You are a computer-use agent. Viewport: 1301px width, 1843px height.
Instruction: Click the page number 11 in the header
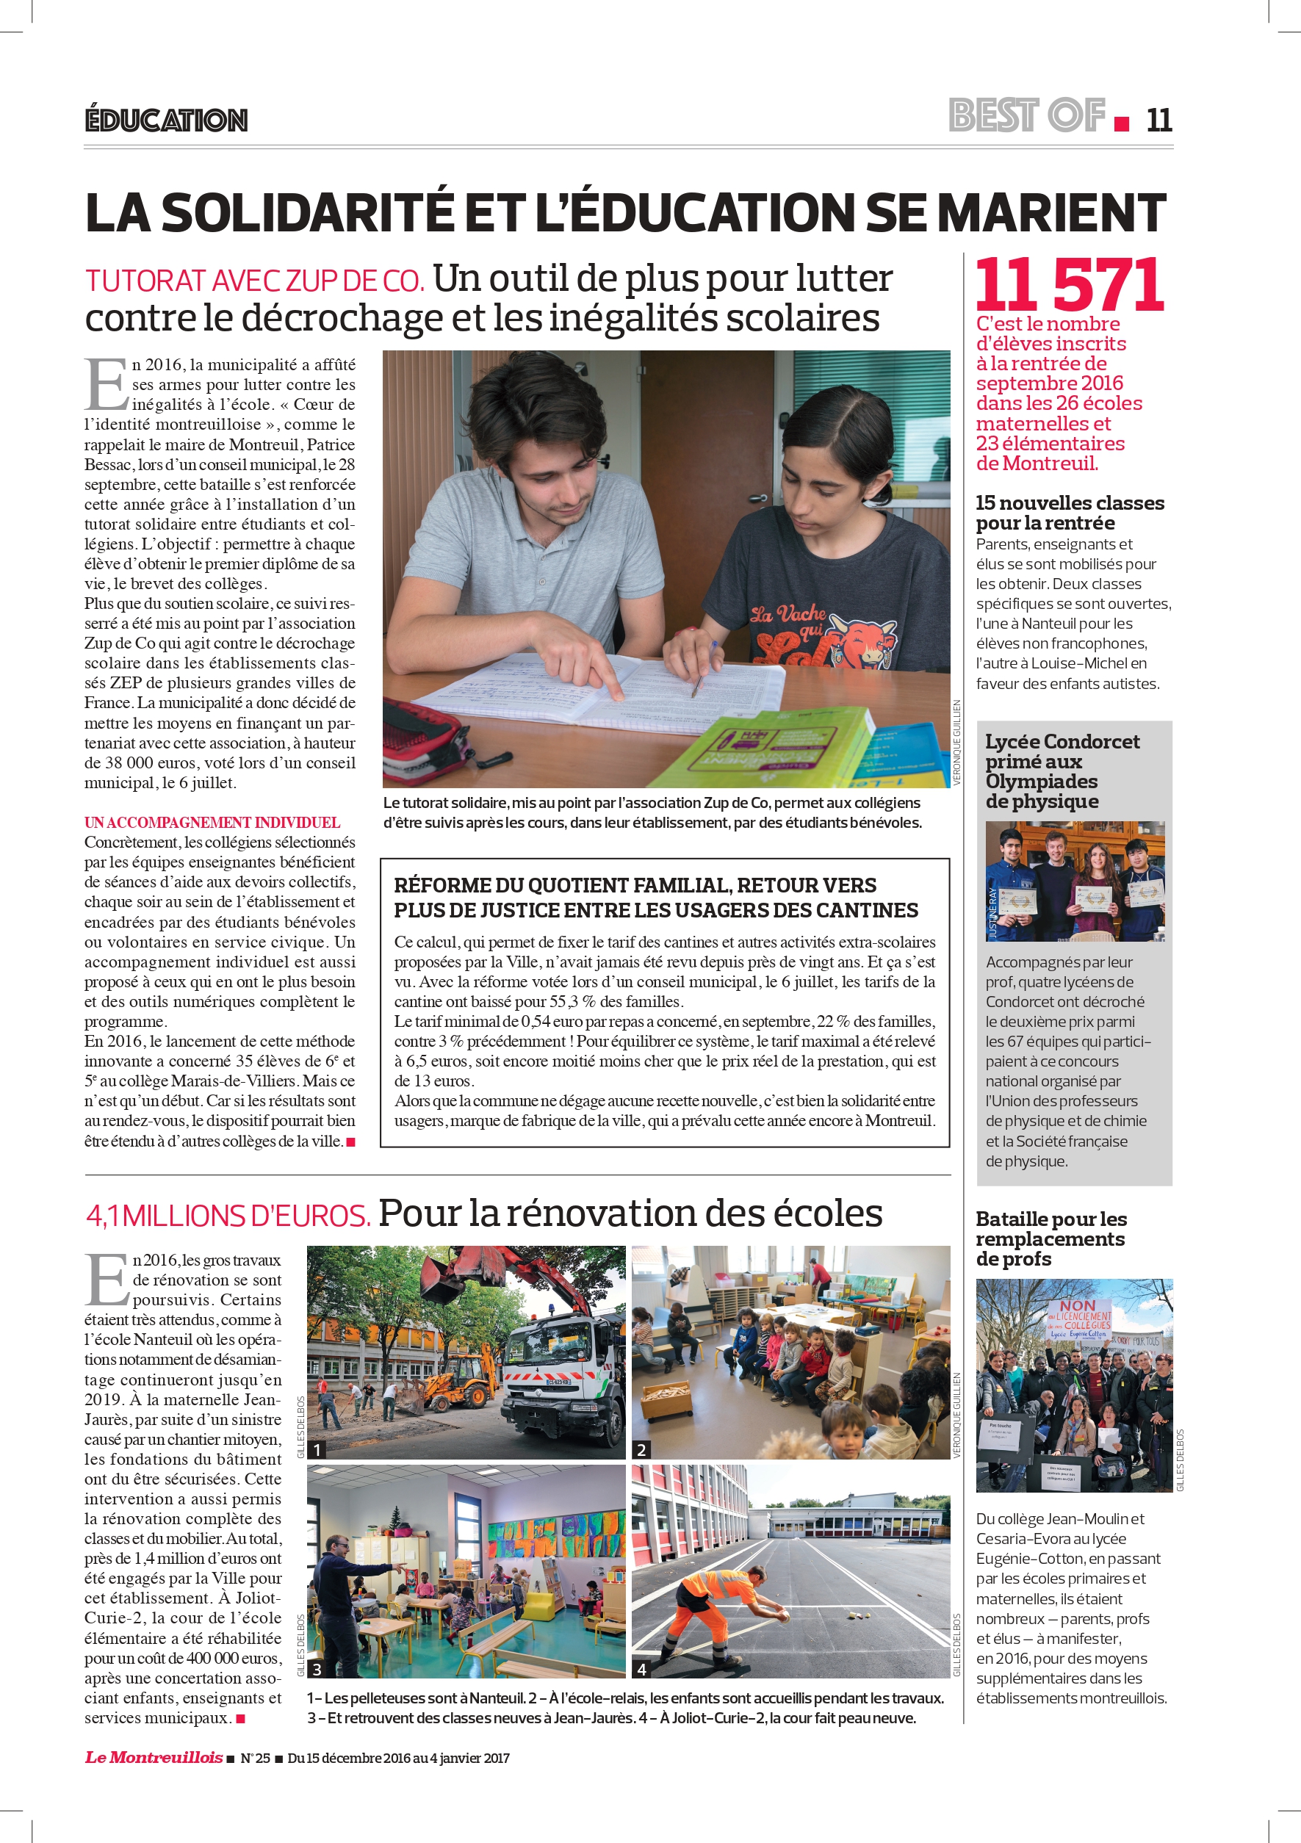[x=1159, y=120]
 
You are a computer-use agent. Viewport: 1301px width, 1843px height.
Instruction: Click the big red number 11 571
[x=1069, y=285]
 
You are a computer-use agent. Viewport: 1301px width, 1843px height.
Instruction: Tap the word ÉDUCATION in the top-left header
[x=166, y=120]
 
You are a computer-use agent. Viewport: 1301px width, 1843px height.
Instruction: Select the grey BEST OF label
[x=1026, y=115]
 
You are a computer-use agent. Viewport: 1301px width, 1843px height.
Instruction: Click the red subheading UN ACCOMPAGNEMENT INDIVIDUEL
[x=212, y=822]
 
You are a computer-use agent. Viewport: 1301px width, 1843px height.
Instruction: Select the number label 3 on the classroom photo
[x=317, y=1669]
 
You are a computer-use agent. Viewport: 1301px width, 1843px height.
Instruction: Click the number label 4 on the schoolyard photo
[x=641, y=1669]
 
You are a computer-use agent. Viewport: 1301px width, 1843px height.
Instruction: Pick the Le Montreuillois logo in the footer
[x=154, y=1757]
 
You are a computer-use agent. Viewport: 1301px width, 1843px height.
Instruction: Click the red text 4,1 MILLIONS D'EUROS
[x=228, y=1215]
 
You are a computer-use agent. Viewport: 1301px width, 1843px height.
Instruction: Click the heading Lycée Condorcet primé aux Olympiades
[x=1062, y=771]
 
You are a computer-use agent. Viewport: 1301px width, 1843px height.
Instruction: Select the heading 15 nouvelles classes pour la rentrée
[x=1069, y=512]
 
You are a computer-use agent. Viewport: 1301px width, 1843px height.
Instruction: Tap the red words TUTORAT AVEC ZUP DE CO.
[x=254, y=281]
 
